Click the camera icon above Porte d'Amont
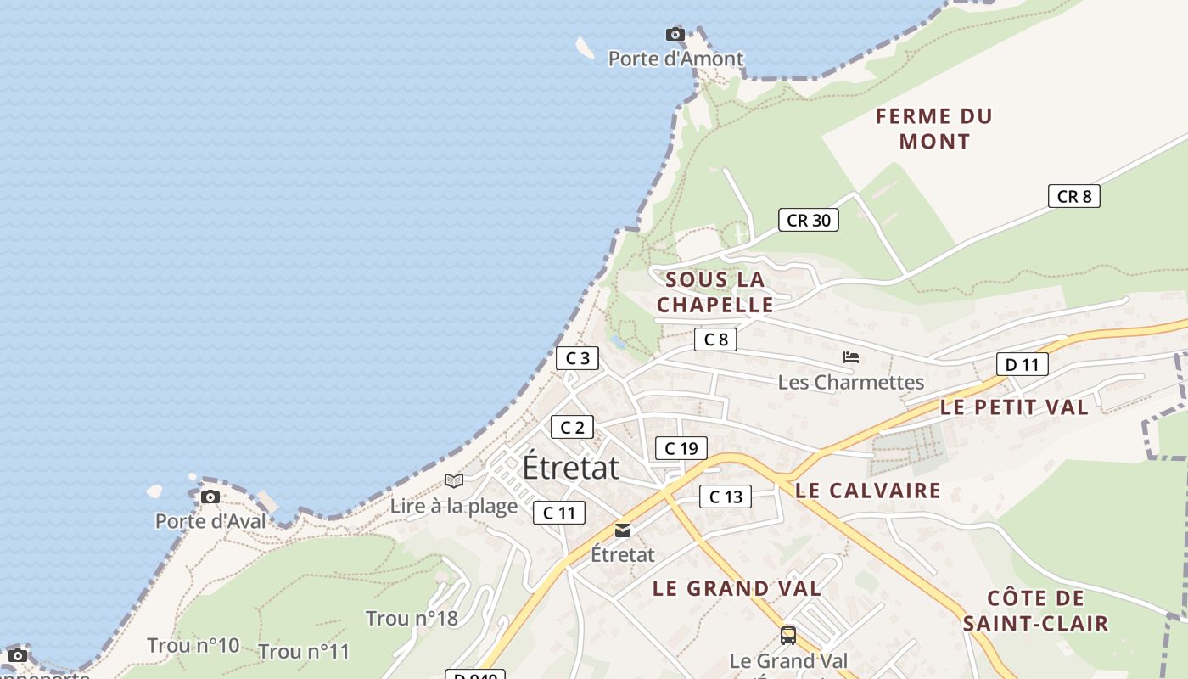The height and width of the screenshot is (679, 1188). tap(675, 34)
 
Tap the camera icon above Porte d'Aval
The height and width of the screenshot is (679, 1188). tap(210, 497)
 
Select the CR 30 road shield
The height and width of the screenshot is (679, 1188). tap(809, 221)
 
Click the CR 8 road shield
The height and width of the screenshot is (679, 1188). tap(1073, 197)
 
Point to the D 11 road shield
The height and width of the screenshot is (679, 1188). tap(1022, 365)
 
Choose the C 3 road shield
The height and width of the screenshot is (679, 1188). tap(577, 358)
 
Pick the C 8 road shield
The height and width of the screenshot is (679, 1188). tap(715, 340)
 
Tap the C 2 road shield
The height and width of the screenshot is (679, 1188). tap(572, 427)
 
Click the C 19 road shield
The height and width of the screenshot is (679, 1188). tap(681, 448)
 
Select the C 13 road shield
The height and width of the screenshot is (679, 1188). tap(726, 497)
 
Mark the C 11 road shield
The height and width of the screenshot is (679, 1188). tap(559, 513)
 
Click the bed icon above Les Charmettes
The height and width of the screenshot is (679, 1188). tap(851, 357)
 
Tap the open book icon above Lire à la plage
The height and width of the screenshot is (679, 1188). tap(454, 481)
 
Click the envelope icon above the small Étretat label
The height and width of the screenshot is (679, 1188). tap(623, 530)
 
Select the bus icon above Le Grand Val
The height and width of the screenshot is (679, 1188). tap(788, 635)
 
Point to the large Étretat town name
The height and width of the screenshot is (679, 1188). tap(570, 468)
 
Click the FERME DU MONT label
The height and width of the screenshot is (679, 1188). tap(934, 129)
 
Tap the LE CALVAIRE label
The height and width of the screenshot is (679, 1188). tap(868, 491)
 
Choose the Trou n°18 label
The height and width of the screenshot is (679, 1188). tap(412, 618)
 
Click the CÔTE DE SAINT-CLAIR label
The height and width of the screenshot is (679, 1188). tap(1036, 611)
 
